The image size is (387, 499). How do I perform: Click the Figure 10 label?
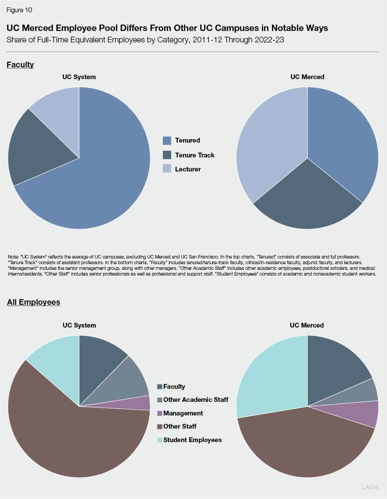pos(19,10)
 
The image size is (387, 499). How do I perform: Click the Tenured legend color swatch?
pos(167,140)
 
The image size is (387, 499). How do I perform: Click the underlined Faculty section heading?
pos(20,65)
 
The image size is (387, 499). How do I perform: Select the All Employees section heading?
pos(33,302)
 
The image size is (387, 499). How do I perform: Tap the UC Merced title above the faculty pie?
pos(307,77)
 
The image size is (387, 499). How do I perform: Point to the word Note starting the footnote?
pos(13,256)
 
